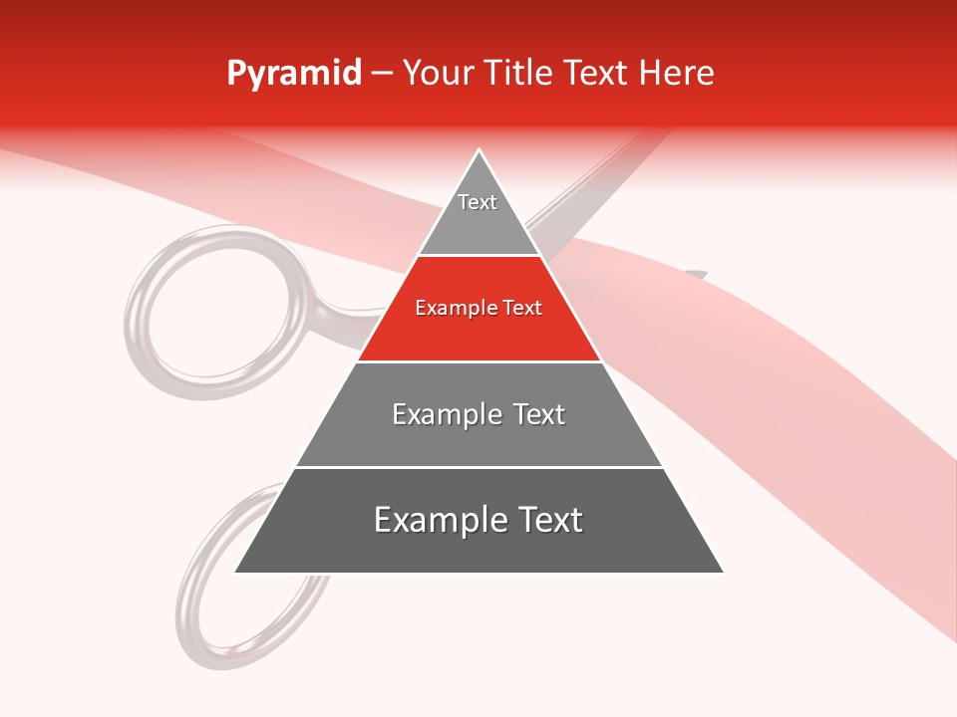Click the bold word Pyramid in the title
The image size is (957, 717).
tap(293, 73)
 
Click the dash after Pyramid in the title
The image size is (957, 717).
tap(382, 74)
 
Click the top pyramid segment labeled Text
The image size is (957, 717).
tap(478, 214)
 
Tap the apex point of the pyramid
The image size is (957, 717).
tap(479, 151)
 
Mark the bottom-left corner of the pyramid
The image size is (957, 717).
tap(235, 573)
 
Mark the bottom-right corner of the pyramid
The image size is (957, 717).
tap(723, 573)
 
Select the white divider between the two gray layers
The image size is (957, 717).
tap(478, 467)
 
